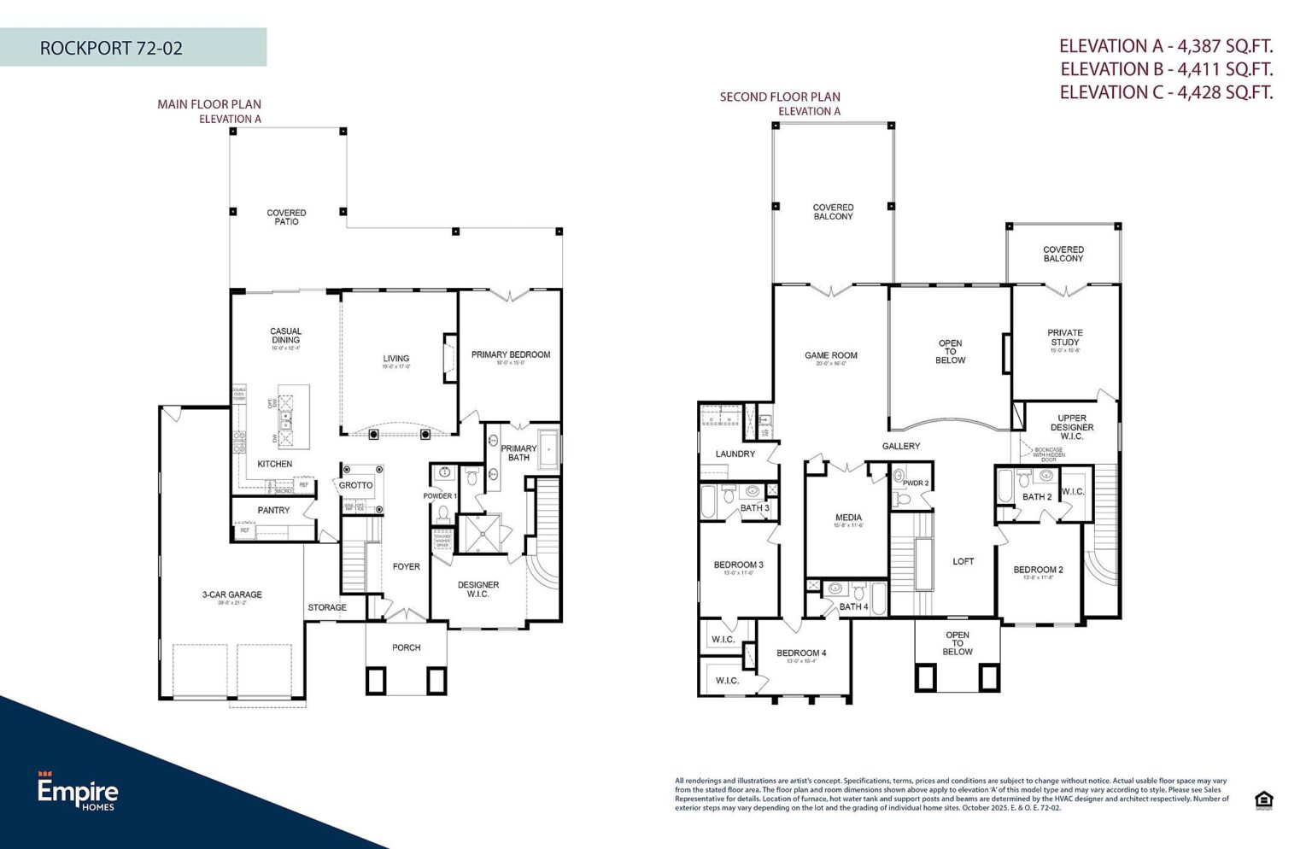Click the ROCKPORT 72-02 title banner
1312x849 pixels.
112,48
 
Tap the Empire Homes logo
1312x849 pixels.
78,792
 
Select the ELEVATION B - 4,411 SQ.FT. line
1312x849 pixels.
1166,69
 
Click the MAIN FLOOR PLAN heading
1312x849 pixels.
209,104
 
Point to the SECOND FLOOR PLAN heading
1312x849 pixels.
780,97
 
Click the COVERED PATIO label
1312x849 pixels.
286,217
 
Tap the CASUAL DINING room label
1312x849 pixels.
285,336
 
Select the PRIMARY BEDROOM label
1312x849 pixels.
511,354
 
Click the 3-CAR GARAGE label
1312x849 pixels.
232,594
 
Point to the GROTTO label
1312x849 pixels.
355,485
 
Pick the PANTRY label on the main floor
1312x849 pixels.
273,510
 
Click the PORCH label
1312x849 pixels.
407,647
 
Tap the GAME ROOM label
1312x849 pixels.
830,355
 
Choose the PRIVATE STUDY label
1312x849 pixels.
1064,337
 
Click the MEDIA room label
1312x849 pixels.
848,518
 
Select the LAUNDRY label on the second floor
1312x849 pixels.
735,454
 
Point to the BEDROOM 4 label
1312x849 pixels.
801,653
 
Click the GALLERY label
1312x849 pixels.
901,446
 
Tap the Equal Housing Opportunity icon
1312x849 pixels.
1264,800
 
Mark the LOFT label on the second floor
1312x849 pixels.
963,561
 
